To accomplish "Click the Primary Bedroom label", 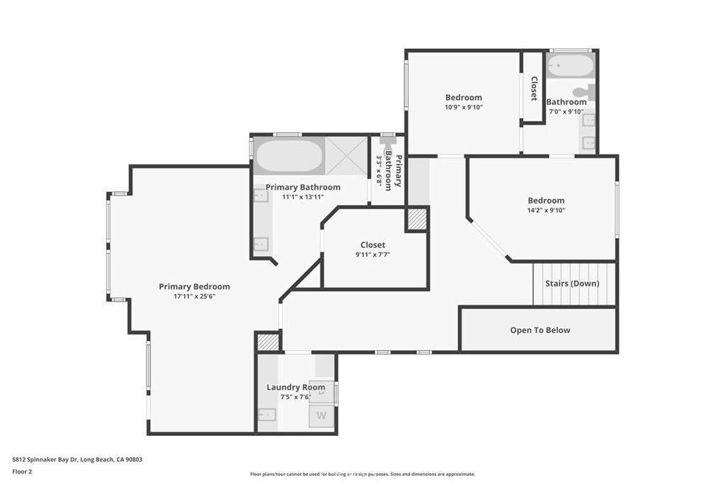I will [194, 286].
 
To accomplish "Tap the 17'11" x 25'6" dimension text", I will [194, 297].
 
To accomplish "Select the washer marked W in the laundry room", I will [322, 416].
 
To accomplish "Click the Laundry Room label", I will [295, 387].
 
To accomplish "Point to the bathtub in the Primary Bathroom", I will [288, 156].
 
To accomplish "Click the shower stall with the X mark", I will [347, 156].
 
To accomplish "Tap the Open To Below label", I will [540, 330].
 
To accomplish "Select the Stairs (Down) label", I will [572, 283].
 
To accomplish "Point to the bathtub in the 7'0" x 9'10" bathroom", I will [571, 67].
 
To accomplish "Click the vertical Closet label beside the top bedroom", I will [534, 89].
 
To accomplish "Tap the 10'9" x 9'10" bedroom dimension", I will [463, 108].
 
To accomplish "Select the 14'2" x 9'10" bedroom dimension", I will [545, 210].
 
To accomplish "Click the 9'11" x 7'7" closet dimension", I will [372, 255].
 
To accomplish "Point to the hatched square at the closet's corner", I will [416, 220].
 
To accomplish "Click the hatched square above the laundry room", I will [267, 342].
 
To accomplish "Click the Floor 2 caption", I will [22, 471].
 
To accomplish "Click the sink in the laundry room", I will [267, 415].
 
